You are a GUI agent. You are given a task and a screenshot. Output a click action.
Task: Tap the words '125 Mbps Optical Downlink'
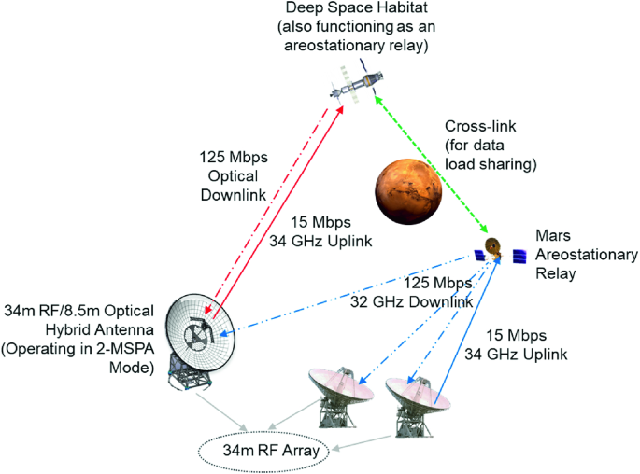pos(230,174)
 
